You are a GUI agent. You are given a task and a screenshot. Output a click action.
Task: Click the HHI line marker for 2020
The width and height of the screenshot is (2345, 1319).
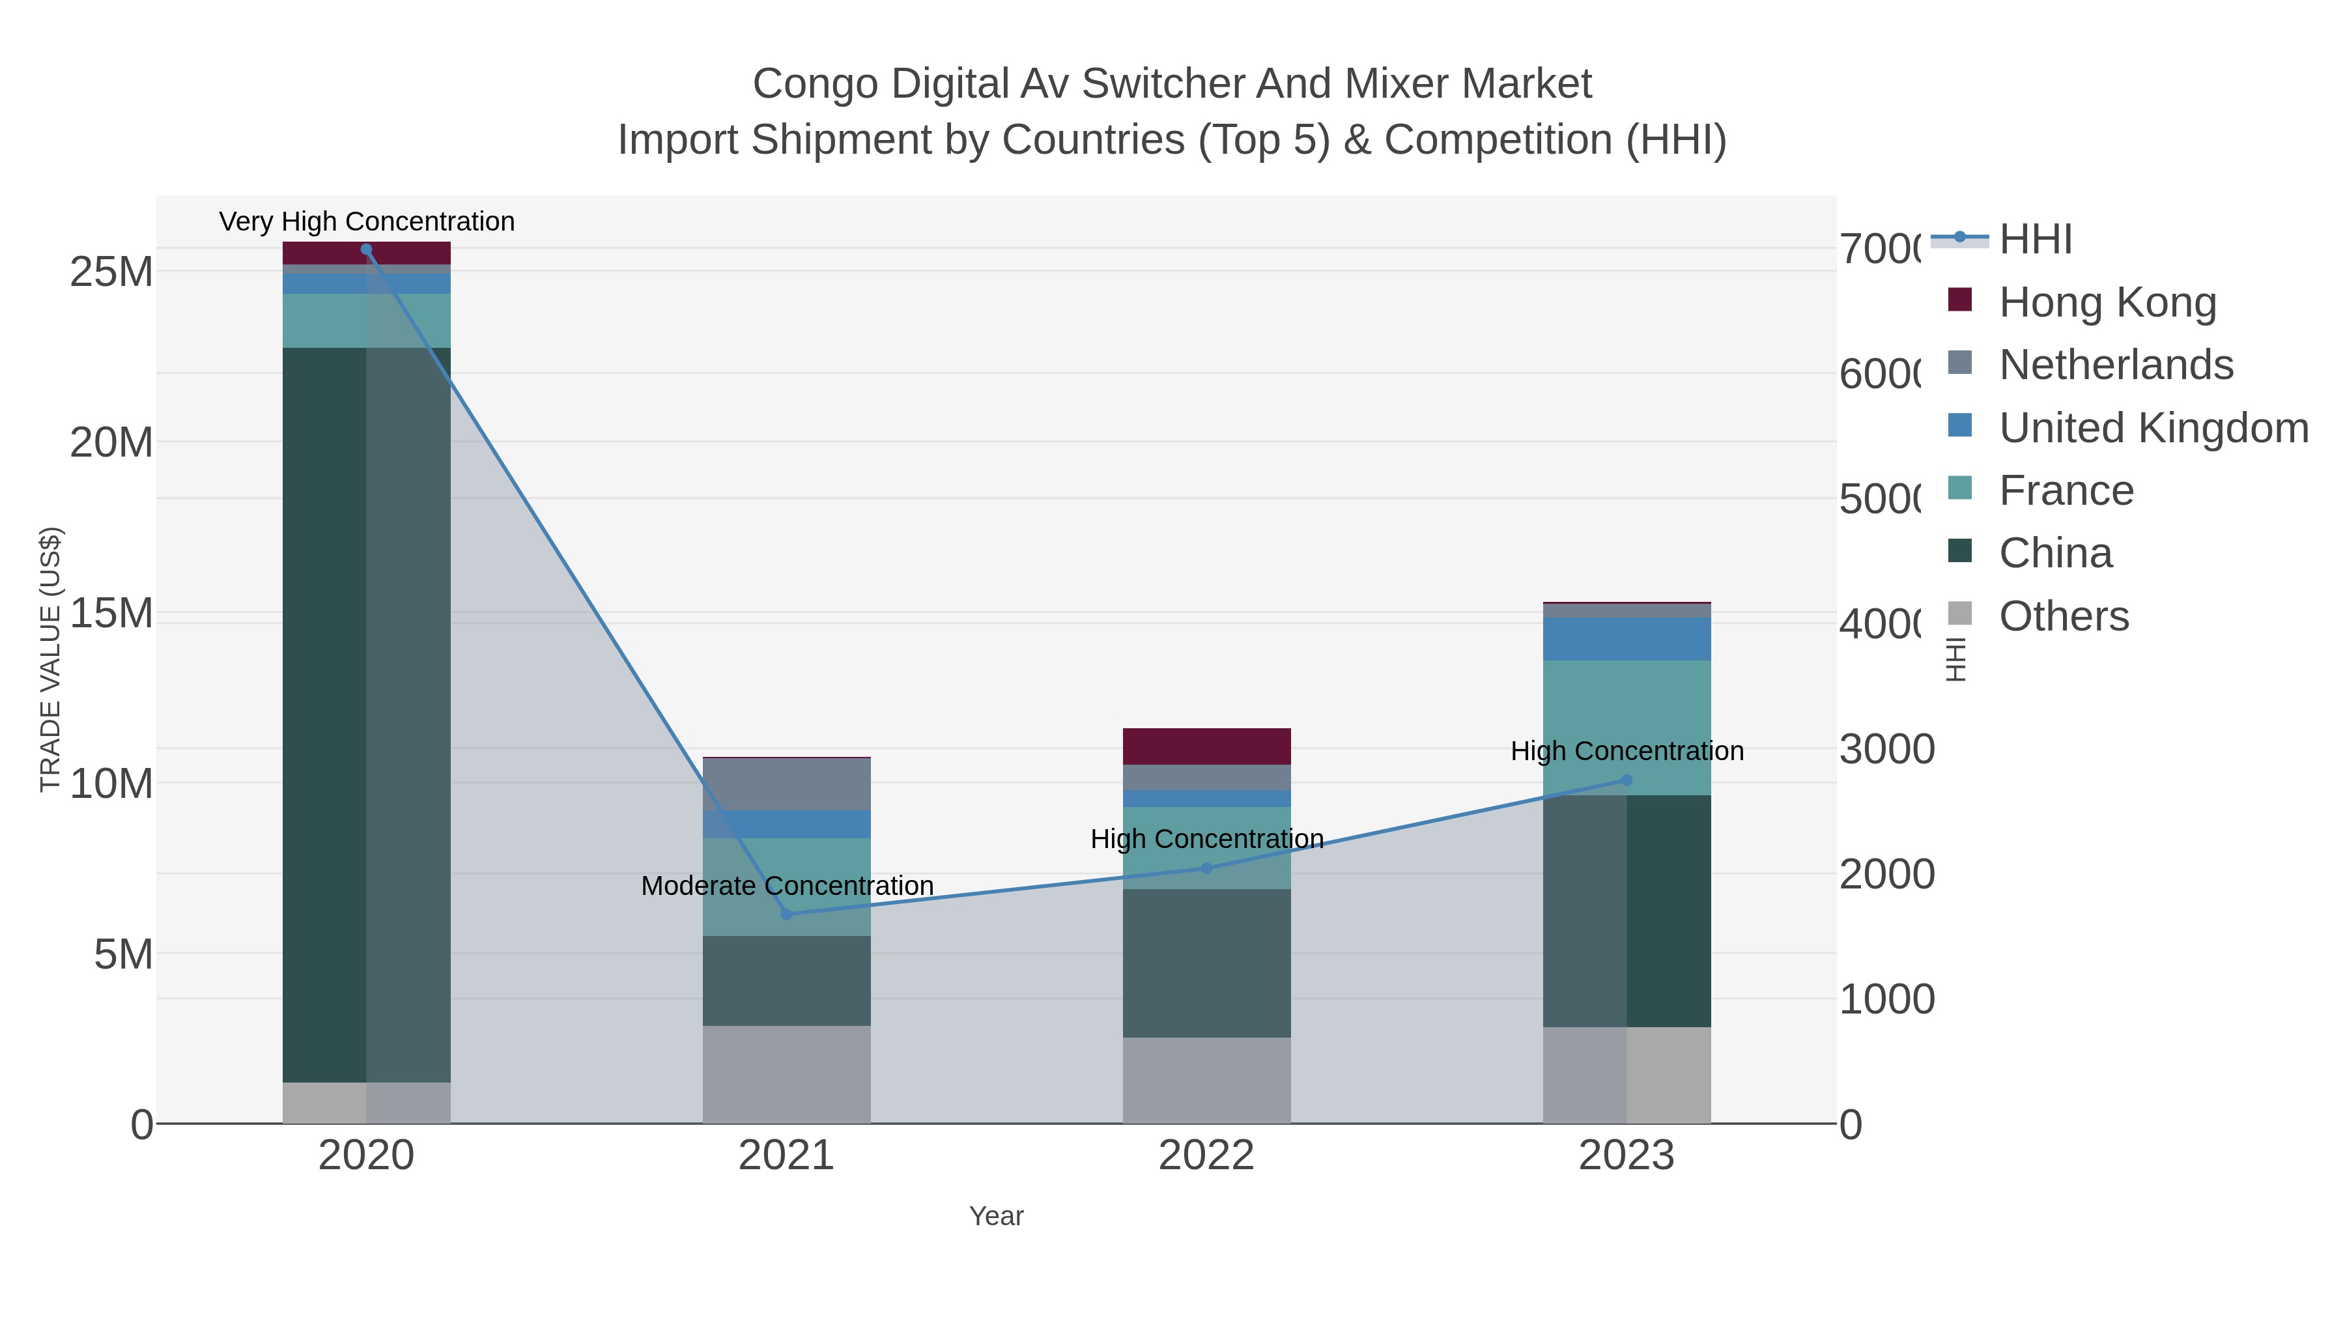point(366,249)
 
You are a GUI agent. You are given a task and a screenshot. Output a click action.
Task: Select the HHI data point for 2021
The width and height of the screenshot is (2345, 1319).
point(786,914)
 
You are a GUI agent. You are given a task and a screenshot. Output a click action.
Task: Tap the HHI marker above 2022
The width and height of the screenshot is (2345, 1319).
point(1207,868)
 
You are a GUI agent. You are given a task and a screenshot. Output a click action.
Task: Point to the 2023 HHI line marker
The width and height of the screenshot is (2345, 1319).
point(1627,780)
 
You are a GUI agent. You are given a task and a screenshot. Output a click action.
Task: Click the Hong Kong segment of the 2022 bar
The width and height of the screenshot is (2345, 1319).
point(1207,746)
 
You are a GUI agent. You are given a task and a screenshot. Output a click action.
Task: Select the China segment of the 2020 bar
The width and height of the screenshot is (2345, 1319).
point(366,715)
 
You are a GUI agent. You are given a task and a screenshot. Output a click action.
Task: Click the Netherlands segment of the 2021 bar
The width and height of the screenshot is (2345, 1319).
point(786,784)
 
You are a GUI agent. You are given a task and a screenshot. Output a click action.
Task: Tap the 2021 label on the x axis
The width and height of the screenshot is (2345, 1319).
point(786,1156)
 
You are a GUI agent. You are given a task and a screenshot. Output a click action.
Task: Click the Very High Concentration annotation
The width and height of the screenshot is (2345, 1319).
point(367,221)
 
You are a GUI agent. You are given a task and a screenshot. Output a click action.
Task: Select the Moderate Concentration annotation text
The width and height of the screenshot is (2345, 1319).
point(788,886)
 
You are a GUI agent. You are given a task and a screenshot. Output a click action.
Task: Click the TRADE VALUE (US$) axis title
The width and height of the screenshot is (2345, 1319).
point(51,659)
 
